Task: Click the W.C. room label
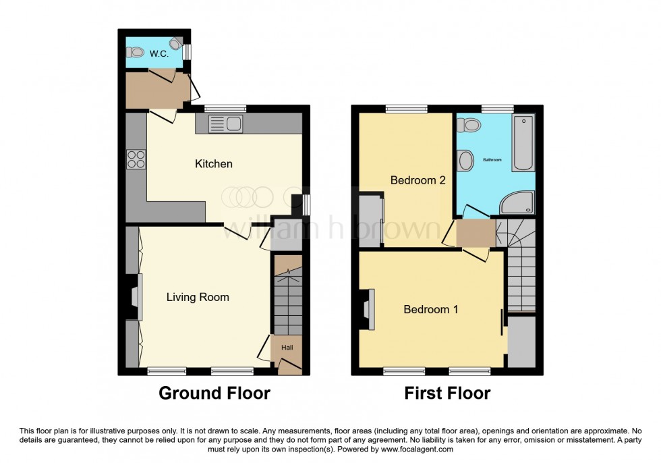tap(159, 53)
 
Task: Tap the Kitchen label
tap(214, 164)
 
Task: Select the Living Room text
tap(198, 297)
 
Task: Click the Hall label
tap(287, 348)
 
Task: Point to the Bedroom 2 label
tap(418, 180)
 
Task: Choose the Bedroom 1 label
tap(431, 309)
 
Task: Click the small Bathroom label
tap(492, 160)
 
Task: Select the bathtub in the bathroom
tap(523, 143)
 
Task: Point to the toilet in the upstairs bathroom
tap(468, 125)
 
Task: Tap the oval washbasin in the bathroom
tap(465, 161)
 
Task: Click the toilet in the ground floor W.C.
tap(136, 52)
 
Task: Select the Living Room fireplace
tap(135, 297)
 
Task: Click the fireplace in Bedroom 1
tap(368, 309)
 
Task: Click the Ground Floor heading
tap(214, 393)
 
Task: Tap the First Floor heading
tap(447, 393)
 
